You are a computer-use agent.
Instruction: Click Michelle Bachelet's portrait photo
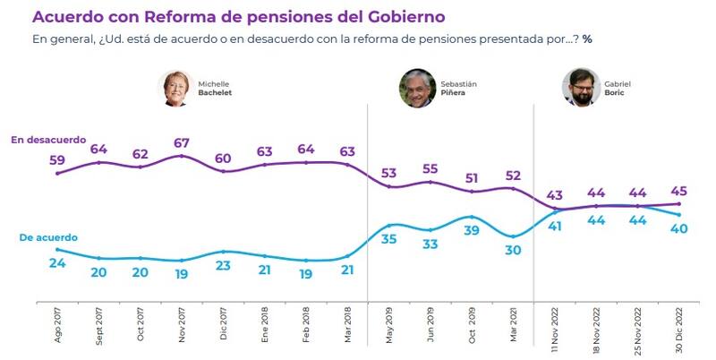click(x=176, y=88)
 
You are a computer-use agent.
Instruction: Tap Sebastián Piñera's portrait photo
click(x=416, y=88)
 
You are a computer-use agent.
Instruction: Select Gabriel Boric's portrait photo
click(x=580, y=88)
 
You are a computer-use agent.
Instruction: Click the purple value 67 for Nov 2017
click(x=182, y=141)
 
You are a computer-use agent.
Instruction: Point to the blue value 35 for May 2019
click(x=388, y=240)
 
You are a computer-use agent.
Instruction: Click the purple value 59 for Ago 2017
click(x=57, y=159)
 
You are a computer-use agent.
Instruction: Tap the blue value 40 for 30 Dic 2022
click(x=678, y=229)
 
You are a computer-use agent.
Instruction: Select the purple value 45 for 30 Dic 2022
click(x=678, y=190)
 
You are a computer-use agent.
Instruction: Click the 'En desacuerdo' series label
click(x=48, y=140)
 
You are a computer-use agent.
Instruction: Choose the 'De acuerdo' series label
click(x=48, y=237)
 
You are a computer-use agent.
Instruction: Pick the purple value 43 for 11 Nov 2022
click(x=554, y=195)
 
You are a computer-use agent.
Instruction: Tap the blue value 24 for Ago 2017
click(x=57, y=264)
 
